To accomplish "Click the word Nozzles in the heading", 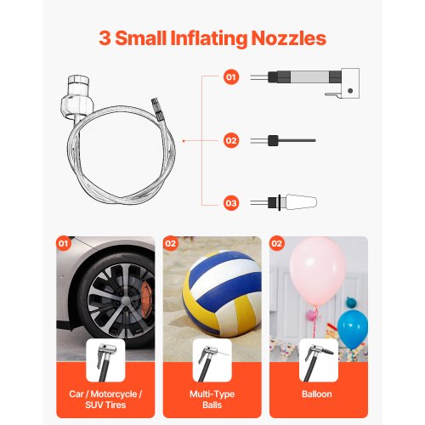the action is (289, 38).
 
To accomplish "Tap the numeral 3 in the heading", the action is (105, 38).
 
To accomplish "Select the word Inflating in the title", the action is (209, 38).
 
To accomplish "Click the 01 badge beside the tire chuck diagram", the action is (231, 77).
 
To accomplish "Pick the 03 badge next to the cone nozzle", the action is (231, 203).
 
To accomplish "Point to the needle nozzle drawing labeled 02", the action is (283, 140).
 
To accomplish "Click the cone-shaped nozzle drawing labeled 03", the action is (284, 202).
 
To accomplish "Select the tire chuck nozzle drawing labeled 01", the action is (305, 82).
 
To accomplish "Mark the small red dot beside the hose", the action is (184, 141).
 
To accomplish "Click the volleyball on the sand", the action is (222, 293).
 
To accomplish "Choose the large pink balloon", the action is (318, 270).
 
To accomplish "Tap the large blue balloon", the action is (353, 329).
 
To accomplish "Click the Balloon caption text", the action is (317, 394).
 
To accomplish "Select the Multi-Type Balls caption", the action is (212, 399).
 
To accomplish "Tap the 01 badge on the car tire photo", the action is (64, 243).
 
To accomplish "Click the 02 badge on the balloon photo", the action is (276, 243).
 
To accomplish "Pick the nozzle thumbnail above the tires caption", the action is (105, 360).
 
